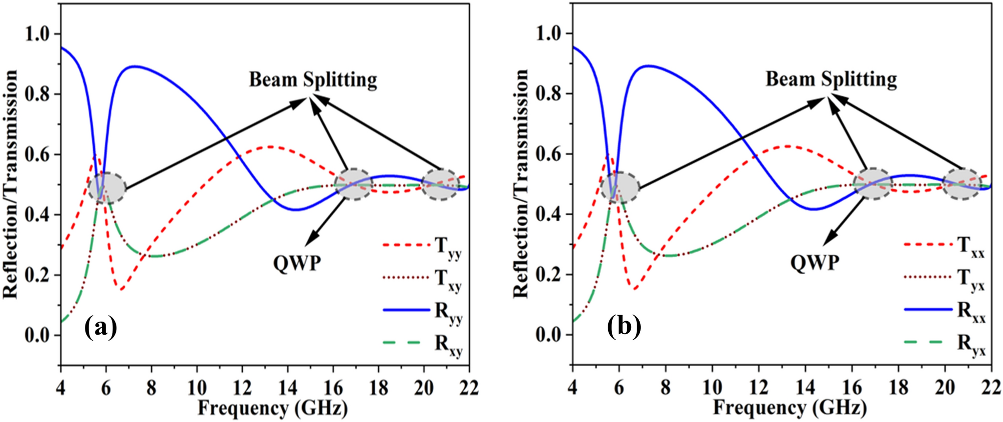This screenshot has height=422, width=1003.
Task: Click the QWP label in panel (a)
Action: (x=297, y=262)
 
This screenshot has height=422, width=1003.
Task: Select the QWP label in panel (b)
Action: (x=815, y=262)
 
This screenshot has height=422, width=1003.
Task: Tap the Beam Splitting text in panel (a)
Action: (x=313, y=80)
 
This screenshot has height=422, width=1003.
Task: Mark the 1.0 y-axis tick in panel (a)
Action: (x=39, y=34)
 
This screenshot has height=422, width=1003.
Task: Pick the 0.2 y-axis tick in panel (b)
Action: (x=550, y=275)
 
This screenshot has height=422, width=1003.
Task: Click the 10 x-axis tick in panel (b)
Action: (x=712, y=388)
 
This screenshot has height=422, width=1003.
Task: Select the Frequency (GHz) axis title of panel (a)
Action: (x=272, y=409)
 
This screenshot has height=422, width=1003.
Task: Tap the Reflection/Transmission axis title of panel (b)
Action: (x=521, y=184)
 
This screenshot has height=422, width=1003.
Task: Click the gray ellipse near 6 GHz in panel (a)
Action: (x=106, y=188)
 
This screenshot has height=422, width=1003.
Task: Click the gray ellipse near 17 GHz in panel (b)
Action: (x=872, y=184)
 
